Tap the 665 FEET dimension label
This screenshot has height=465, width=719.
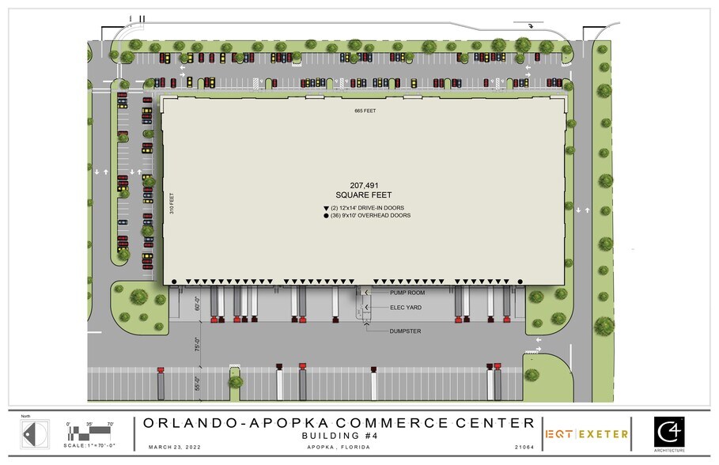tap(365, 111)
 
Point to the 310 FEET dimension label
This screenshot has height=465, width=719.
tap(172, 205)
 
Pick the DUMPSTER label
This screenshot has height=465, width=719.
tap(406, 331)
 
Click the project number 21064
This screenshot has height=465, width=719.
tap(525, 447)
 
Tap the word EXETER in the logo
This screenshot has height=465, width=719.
tap(605, 434)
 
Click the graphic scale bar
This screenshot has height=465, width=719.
tap(90, 435)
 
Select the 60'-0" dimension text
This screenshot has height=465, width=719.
tap(198, 303)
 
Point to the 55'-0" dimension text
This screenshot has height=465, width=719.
tap(198, 384)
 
